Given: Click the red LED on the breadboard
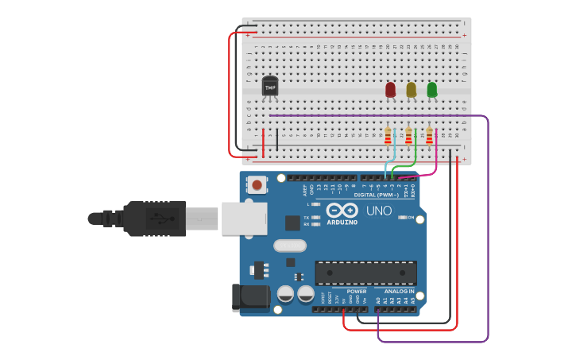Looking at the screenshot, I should point(390,90).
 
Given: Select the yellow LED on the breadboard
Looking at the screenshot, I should point(411,90).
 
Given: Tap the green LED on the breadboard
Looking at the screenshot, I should point(431,90).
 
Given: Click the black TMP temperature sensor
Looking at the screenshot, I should point(270,87).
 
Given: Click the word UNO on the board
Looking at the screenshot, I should point(378,211).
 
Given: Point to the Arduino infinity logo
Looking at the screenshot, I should point(342,211).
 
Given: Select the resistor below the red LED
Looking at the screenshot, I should point(388,136).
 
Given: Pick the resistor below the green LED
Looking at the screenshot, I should point(429,136).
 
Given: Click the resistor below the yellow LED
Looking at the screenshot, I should point(408,136).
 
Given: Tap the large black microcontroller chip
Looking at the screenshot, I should point(365,273).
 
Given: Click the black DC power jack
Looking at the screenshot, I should point(250,297).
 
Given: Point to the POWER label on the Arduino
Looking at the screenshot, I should point(356,291).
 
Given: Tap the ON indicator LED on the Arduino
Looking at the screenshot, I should point(403,217).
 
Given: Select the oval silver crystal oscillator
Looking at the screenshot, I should point(290,246).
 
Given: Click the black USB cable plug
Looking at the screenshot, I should point(155,218).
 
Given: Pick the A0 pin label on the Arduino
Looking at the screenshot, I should point(378,300).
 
